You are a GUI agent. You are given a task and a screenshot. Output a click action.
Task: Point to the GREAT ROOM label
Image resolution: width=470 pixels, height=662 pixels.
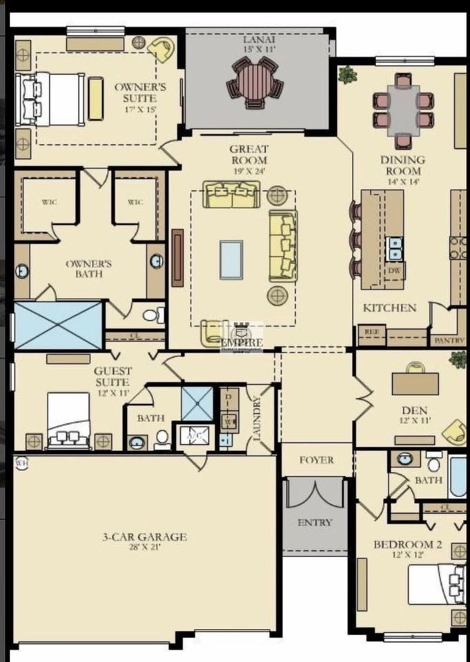click(249, 154)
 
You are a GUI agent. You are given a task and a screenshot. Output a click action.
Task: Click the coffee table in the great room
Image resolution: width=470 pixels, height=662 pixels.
click(231, 259)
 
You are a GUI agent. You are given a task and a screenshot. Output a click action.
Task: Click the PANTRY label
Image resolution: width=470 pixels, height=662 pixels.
click(448, 341)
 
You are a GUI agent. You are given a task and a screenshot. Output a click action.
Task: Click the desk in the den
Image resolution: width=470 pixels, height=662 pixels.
click(415, 383)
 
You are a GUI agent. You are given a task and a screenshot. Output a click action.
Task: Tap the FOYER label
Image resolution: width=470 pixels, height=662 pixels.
click(317, 460)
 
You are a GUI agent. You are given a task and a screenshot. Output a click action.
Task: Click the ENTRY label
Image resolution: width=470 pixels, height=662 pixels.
click(315, 522)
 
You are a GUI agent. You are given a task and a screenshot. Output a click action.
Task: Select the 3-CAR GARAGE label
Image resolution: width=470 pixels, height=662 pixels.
click(143, 538)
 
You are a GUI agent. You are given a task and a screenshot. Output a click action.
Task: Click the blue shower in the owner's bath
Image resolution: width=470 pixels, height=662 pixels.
click(58, 325)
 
